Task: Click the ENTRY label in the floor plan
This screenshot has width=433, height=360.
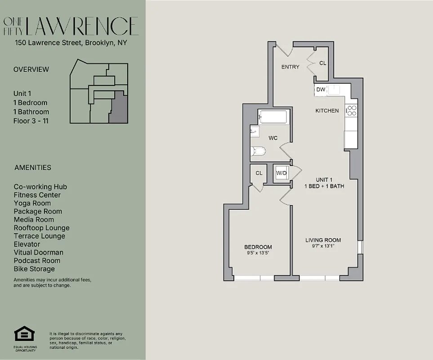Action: [x=290, y=67]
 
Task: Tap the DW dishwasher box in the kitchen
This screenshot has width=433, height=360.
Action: [x=321, y=90]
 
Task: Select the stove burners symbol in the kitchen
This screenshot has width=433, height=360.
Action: [x=351, y=110]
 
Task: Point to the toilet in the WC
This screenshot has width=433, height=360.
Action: [x=259, y=152]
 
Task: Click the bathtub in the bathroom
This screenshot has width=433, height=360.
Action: [x=272, y=117]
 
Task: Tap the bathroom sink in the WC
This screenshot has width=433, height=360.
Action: [x=255, y=132]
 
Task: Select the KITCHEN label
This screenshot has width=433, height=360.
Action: [x=327, y=111]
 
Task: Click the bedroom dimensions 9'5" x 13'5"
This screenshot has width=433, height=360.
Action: [x=258, y=253]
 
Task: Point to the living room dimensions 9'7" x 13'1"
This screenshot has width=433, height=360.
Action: [x=323, y=246]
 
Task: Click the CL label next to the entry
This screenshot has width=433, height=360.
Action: [x=323, y=63]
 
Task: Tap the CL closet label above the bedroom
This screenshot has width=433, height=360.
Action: [x=259, y=173]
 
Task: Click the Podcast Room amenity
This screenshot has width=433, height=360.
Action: [x=37, y=261]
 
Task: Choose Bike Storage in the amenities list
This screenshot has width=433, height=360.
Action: [x=34, y=269]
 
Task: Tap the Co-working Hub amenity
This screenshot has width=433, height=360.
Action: [x=40, y=187]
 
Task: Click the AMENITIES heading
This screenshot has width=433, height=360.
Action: [x=32, y=167]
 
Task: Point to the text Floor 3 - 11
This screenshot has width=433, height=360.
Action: [x=31, y=121]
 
